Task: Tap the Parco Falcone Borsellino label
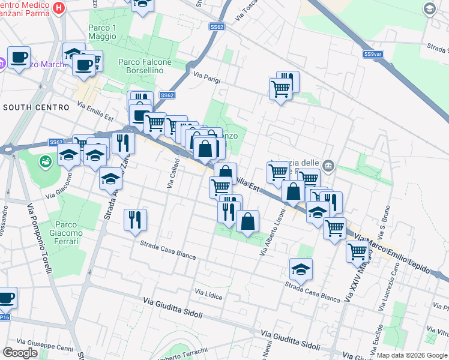[x=145, y=66]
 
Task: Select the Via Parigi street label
[x=207, y=76]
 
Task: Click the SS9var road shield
[x=373, y=55]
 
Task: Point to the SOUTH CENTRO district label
[x=36, y=107]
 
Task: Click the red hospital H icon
[x=59, y=8]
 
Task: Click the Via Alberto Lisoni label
[x=272, y=232]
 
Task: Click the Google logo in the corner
[x=20, y=353]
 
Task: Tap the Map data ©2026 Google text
[x=411, y=355]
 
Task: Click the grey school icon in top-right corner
[x=429, y=8]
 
